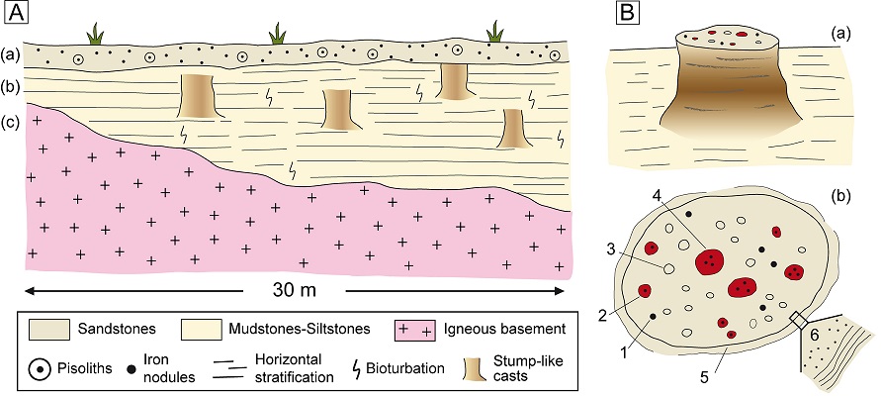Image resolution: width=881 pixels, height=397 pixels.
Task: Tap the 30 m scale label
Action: click(x=295, y=294)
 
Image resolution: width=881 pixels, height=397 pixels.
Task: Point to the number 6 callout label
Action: click(x=815, y=338)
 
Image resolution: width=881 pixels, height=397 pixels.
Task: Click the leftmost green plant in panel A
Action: click(x=95, y=36)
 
